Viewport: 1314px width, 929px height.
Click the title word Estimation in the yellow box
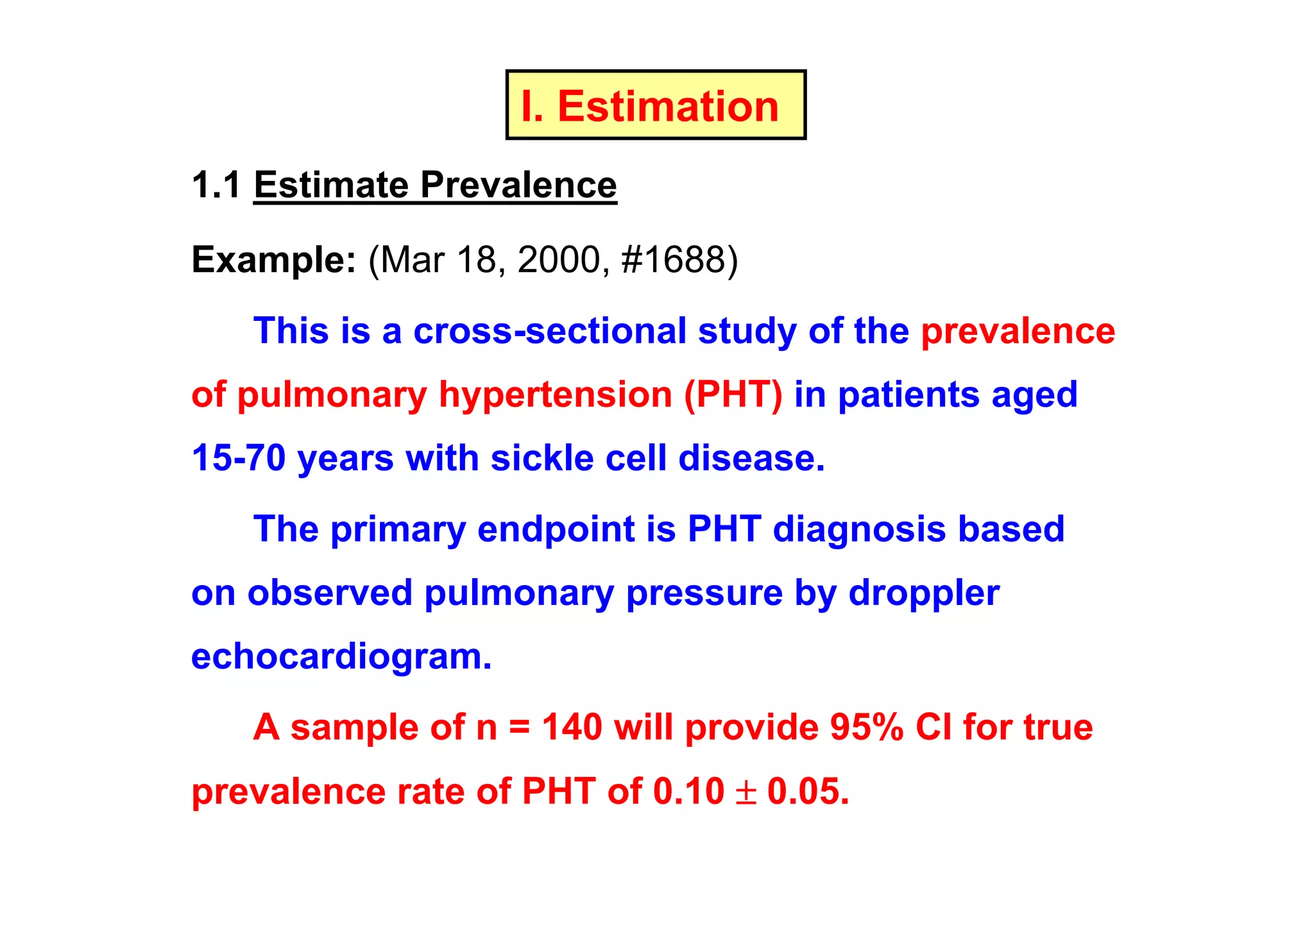click(668, 106)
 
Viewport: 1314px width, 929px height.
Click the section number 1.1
click(216, 185)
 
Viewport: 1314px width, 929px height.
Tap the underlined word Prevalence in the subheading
click(518, 185)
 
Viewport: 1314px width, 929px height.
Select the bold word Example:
click(273, 260)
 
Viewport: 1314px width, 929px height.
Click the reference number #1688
click(673, 260)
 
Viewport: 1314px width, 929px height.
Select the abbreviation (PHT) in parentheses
click(733, 395)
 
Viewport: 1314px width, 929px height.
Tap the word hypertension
click(555, 395)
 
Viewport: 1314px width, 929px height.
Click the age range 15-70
click(238, 458)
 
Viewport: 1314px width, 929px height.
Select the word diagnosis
click(858, 529)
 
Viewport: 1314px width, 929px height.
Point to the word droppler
click(924, 593)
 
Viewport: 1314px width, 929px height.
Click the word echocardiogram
click(341, 657)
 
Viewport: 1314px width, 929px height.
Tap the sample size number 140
click(572, 728)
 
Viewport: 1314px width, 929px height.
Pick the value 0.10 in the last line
click(688, 792)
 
